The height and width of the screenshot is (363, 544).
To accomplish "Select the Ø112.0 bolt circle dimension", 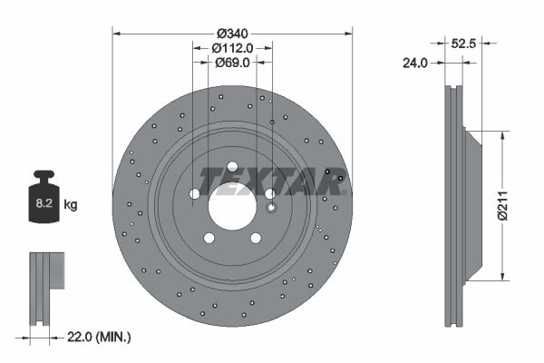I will [x=232, y=48].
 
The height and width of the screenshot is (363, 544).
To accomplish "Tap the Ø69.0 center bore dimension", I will [x=232, y=63].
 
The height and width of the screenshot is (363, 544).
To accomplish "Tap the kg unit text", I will [x=71, y=206].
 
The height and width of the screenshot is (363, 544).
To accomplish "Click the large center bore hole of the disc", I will [x=232, y=205].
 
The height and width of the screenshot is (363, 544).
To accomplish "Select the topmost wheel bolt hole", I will [x=232, y=166].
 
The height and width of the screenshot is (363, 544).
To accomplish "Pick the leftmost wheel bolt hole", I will [x=195, y=193].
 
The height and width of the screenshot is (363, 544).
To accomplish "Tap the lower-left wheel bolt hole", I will [x=209, y=238].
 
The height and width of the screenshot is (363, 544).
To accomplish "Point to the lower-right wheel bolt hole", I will [x=256, y=238].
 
